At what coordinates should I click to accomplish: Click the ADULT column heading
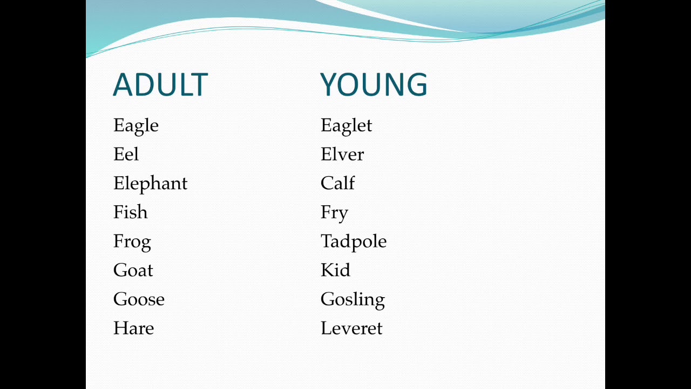pyautogui.click(x=160, y=85)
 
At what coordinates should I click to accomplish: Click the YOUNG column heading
pyautogui.click(x=374, y=85)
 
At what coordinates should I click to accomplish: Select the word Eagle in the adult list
pyautogui.click(x=136, y=126)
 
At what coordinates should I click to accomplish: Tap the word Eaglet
pyautogui.click(x=346, y=126)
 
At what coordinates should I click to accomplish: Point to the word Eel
pyautogui.click(x=126, y=155)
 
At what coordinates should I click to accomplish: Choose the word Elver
pyautogui.click(x=342, y=155)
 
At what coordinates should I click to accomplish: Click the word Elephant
pyautogui.click(x=150, y=184)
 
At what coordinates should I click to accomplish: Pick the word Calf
pyautogui.click(x=337, y=184)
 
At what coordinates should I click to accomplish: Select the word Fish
pyautogui.click(x=130, y=212)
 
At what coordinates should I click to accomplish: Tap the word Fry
pyautogui.click(x=334, y=213)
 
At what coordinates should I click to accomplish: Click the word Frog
pyautogui.click(x=132, y=242)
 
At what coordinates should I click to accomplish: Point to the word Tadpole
pyautogui.click(x=354, y=242)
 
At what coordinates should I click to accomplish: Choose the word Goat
pyautogui.click(x=133, y=270)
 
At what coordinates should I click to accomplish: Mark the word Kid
pyautogui.click(x=335, y=270)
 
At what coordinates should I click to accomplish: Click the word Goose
pyautogui.click(x=139, y=299)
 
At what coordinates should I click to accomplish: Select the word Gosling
pyautogui.click(x=353, y=300)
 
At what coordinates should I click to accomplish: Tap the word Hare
pyautogui.click(x=133, y=328)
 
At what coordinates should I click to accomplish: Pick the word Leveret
pyautogui.click(x=351, y=328)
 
